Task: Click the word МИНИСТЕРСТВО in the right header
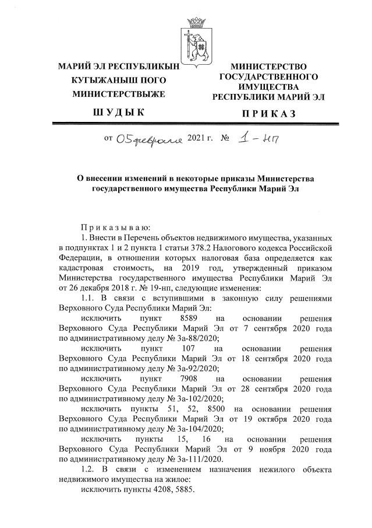pyautogui.click(x=269, y=68)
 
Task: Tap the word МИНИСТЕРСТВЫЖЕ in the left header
pyautogui.click(x=118, y=93)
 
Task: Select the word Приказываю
pyautogui.click(x=108, y=227)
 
